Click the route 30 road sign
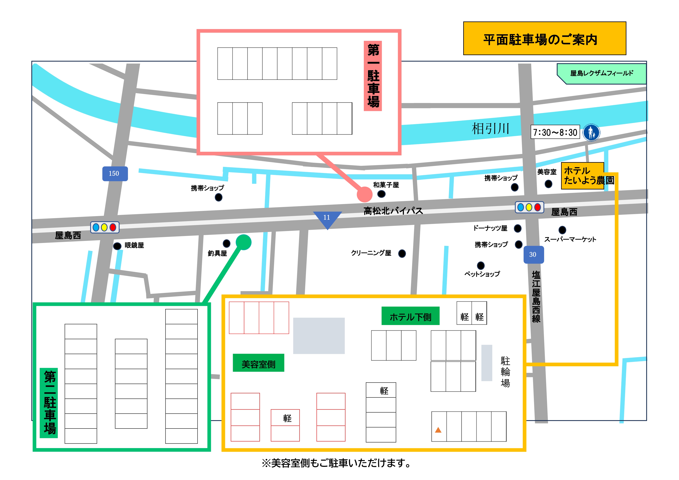click(x=533, y=254)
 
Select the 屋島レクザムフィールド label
click(x=602, y=73)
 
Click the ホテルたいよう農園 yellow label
click(x=583, y=176)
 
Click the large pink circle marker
click(x=364, y=194)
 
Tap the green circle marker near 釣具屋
click(x=243, y=242)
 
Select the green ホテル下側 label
click(x=410, y=317)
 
